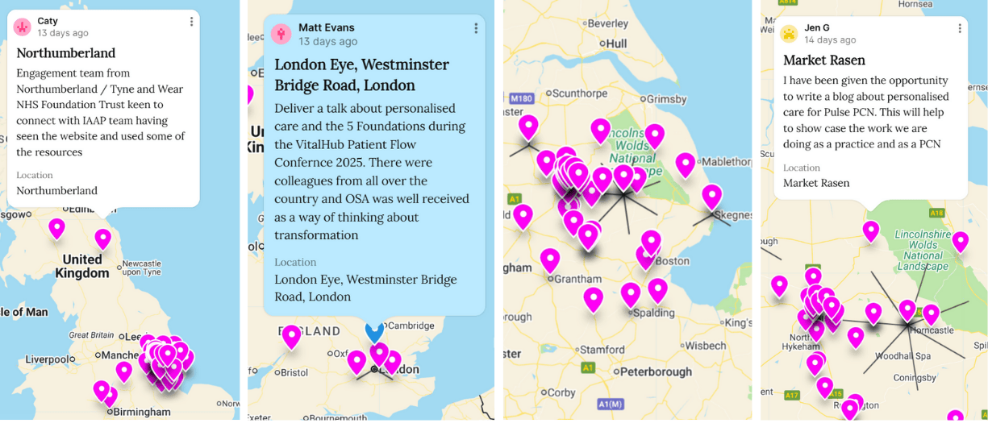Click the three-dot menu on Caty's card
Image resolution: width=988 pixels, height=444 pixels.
[x=191, y=23]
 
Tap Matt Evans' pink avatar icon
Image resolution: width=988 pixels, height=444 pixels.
[x=281, y=34]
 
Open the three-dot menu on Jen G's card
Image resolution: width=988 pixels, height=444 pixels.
[x=959, y=28]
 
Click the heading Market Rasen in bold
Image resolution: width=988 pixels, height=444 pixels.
[x=823, y=60]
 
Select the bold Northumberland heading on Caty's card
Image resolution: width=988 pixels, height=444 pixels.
[x=65, y=53]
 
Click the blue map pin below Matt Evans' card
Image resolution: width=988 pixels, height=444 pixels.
[x=374, y=330]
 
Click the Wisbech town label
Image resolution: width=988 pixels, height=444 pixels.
[x=706, y=346]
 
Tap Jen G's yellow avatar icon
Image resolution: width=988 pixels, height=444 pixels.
[x=789, y=34]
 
